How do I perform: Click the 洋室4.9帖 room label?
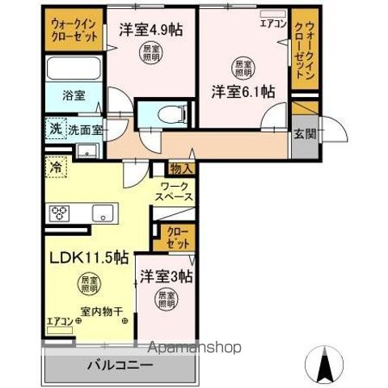[151, 31]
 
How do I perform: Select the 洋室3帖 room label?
[164, 277]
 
